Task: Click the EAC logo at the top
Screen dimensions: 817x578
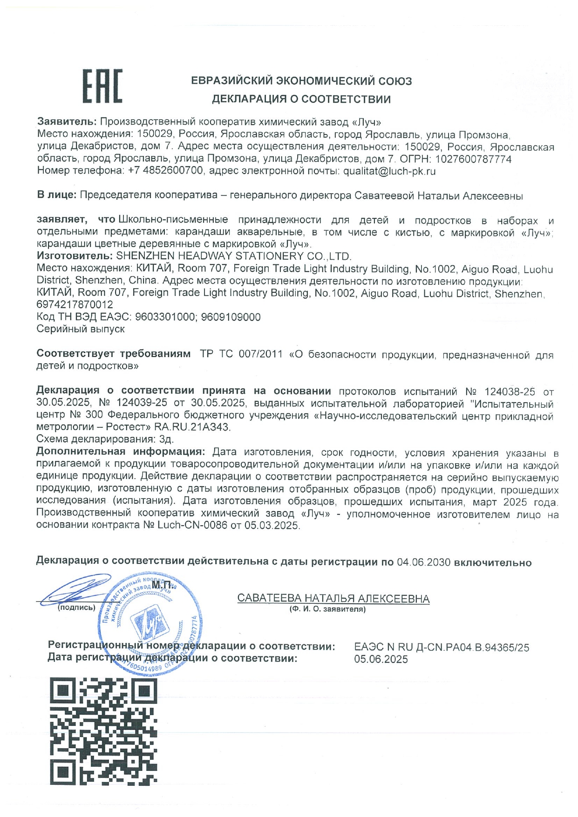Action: [x=102, y=86]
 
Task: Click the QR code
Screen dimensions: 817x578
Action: [x=103, y=731]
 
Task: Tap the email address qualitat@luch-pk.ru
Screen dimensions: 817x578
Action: [x=389, y=171]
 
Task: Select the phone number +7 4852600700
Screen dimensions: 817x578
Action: [x=165, y=171]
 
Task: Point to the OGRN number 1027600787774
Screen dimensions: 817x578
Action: [x=473, y=159]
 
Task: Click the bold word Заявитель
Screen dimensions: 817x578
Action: [x=67, y=122]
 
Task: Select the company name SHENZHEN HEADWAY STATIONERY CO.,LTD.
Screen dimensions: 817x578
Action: [x=234, y=256]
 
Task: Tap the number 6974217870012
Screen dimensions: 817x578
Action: [x=75, y=305]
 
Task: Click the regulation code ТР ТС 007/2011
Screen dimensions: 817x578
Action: [x=241, y=354]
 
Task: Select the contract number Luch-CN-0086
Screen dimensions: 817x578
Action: [x=192, y=526]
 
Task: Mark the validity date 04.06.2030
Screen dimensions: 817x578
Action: [x=423, y=562]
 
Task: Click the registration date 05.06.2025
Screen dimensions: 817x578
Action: [x=381, y=659]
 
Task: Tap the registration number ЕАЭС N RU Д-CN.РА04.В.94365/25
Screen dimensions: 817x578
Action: [x=441, y=648]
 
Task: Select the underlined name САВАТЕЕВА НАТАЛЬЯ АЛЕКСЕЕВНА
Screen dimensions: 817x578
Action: [x=333, y=599]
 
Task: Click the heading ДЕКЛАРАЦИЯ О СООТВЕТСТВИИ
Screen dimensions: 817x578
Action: [x=301, y=99]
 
